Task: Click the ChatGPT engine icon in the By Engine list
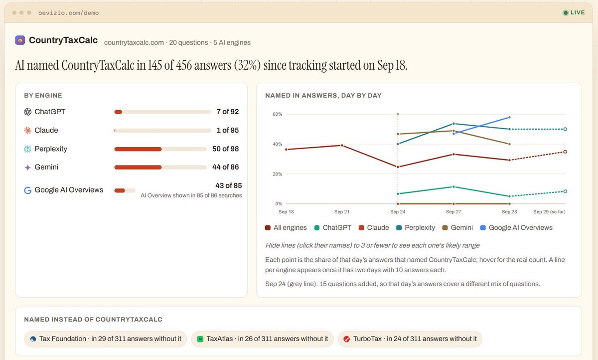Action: coord(27,112)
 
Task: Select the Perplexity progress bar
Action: coord(160,149)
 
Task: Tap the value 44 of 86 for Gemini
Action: coord(225,167)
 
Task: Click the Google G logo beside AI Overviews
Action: coord(27,190)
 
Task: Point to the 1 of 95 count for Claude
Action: coord(227,130)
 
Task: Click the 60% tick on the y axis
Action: coord(277,114)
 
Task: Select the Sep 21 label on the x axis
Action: coord(342,212)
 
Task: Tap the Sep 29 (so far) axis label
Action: coord(549,212)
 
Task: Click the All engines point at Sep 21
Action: coord(342,146)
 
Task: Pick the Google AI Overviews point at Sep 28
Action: coord(509,117)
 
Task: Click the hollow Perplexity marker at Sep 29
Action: coord(565,129)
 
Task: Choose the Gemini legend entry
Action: coord(457,227)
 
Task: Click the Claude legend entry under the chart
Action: coord(373,227)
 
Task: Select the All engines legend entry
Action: coord(286,227)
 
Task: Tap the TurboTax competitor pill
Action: coord(410,339)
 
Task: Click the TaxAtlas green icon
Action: coord(200,339)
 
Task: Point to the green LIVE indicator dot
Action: coord(566,13)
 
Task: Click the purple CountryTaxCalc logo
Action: coord(20,40)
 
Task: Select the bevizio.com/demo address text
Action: coord(68,13)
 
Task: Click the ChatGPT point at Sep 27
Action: coord(453,186)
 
